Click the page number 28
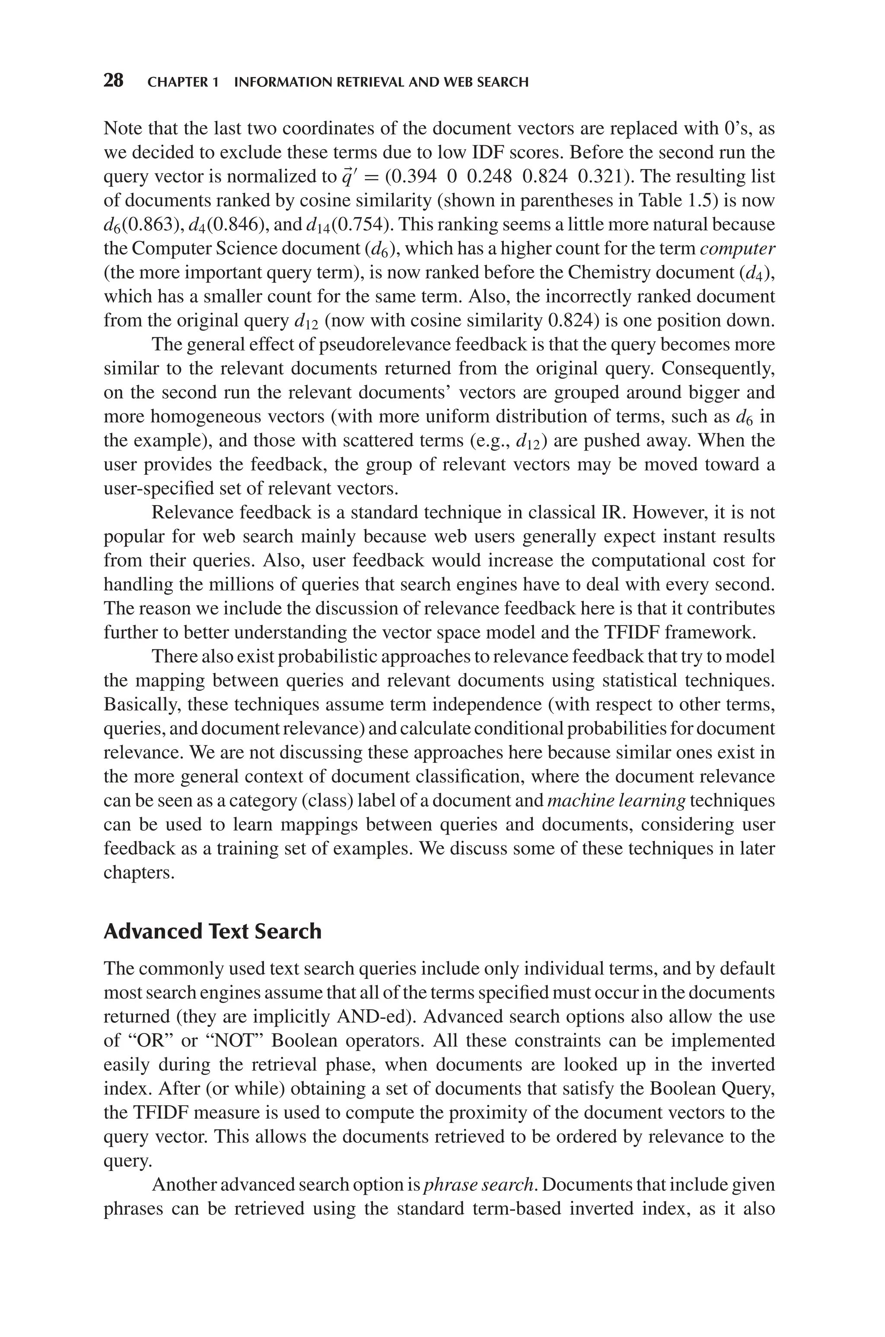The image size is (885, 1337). pyautogui.click(x=114, y=81)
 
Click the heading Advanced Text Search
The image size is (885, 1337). pyautogui.click(x=212, y=931)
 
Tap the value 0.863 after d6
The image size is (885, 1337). pyautogui.click(x=149, y=225)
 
